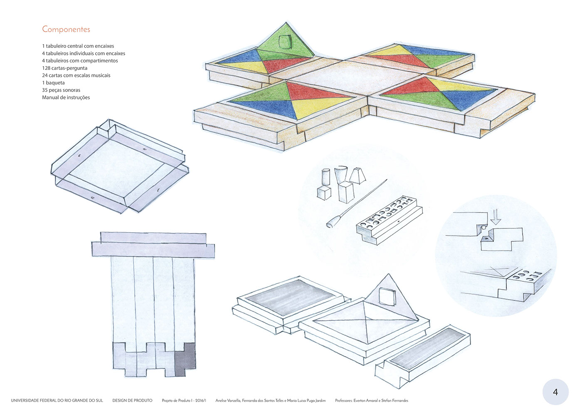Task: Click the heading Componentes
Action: coord(66,29)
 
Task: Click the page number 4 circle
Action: coord(555,392)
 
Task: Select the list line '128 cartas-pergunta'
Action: coord(64,68)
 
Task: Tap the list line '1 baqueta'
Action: coord(53,83)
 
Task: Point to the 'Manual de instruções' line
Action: coord(66,97)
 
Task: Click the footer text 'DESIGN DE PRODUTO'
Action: coord(132,400)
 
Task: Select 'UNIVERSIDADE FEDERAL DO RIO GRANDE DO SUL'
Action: coord(57,400)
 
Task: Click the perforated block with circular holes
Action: coord(389,218)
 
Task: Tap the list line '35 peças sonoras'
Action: coord(61,90)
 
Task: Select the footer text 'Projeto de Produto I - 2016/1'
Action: coord(184,400)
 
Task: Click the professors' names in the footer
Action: coord(372,400)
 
